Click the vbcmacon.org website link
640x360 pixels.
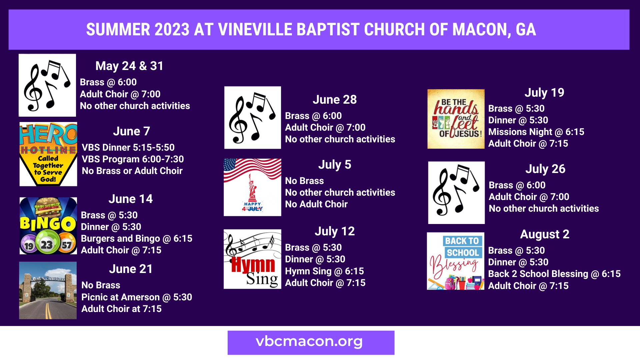309,342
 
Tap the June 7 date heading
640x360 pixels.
131,131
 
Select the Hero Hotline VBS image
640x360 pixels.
48,154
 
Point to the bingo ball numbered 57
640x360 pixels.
67,245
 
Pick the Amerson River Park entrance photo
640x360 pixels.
48,290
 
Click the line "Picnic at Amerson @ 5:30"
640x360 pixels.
137,297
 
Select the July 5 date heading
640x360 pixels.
335,165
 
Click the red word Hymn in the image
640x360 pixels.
253,265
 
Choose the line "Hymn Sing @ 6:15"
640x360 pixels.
324,271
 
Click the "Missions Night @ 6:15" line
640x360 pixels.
536,132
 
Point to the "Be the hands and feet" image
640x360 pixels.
456,119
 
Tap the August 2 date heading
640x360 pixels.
545,234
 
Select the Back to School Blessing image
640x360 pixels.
456,261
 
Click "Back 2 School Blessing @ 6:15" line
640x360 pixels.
554,274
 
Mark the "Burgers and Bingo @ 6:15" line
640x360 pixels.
137,239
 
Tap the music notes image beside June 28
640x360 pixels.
253,118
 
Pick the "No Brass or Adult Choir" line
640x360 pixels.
132,171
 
